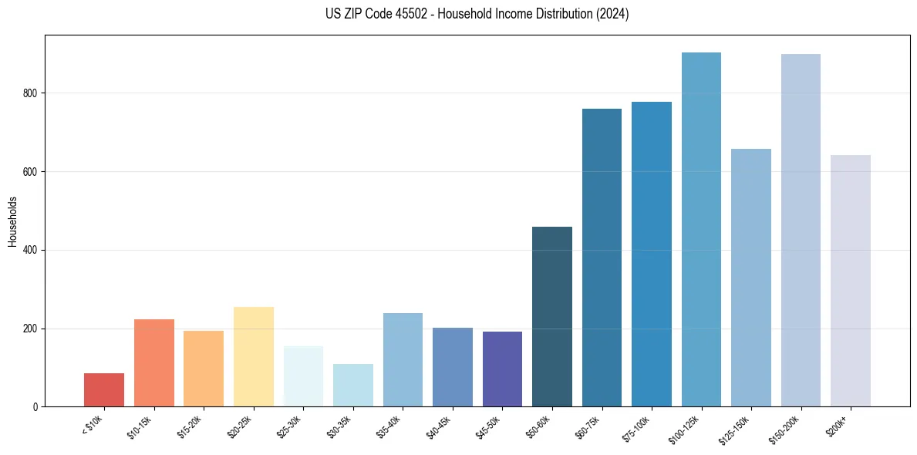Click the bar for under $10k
[x=104, y=389]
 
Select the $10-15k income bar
[x=153, y=362]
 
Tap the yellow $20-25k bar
[x=253, y=356]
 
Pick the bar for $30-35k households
[x=352, y=385]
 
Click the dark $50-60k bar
[x=552, y=316]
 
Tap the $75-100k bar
[x=652, y=254]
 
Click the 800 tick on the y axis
[x=31, y=93]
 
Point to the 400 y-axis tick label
[x=31, y=251]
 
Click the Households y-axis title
[x=12, y=221]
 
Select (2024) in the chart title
[x=612, y=14]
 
